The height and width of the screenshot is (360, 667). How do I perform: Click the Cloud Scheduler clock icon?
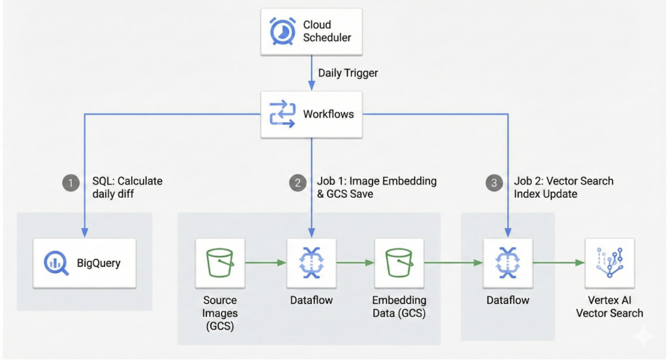[x=283, y=31]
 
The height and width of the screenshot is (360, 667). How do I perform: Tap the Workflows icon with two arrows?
[x=282, y=114]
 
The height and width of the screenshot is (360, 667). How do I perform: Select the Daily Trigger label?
[x=348, y=73]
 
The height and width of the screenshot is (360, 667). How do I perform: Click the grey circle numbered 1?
[x=71, y=183]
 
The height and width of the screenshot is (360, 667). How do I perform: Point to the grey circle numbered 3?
[x=494, y=183]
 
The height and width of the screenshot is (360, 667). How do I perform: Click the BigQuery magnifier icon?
[x=56, y=263]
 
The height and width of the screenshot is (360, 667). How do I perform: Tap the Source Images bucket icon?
[x=220, y=263]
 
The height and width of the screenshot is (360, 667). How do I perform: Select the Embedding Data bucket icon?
[x=399, y=263]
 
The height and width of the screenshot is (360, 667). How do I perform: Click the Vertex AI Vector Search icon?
[x=609, y=263]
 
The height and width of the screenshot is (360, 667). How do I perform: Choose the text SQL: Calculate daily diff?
[x=127, y=188]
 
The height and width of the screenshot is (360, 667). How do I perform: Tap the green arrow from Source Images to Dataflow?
[x=265, y=263]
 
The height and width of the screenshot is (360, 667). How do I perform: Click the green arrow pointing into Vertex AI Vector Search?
[x=559, y=263]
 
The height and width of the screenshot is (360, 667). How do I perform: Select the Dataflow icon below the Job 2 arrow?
[x=507, y=263]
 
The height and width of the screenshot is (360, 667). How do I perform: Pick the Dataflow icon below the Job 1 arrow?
[x=311, y=263]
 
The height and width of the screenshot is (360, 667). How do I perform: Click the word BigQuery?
[x=98, y=263]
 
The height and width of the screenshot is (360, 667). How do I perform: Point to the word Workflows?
[x=328, y=114]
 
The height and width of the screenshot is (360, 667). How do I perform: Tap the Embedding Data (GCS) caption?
[x=399, y=307]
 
